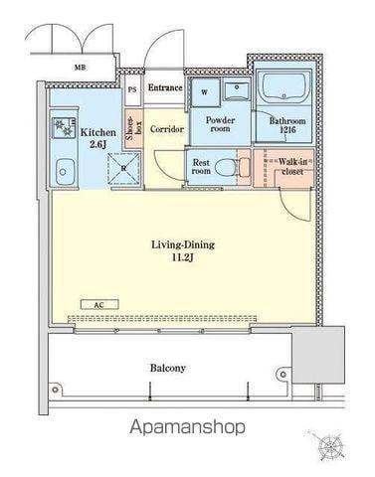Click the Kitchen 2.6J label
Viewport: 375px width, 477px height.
click(98, 138)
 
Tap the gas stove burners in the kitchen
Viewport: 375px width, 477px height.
click(64, 127)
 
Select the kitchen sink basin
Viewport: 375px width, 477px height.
click(65, 172)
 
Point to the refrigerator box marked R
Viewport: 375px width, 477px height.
click(124, 168)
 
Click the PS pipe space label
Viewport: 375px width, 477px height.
click(132, 89)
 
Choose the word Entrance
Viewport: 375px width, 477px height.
click(165, 87)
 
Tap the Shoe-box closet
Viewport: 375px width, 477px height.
click(134, 128)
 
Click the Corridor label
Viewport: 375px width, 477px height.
click(167, 129)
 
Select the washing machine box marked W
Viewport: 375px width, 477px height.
click(205, 92)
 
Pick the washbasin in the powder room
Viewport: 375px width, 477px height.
click(237, 91)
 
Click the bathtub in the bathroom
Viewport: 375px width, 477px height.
click(283, 85)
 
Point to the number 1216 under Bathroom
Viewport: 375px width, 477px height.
click(287, 130)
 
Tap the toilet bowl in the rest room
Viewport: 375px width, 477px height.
click(226, 167)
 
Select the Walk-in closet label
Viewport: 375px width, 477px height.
click(292, 167)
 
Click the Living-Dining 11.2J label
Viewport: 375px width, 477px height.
click(183, 250)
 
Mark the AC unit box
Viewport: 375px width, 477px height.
click(99, 305)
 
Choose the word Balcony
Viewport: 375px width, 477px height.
click(168, 368)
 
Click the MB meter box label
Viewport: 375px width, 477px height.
click(80, 68)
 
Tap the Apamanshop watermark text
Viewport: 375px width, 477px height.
click(188, 427)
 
